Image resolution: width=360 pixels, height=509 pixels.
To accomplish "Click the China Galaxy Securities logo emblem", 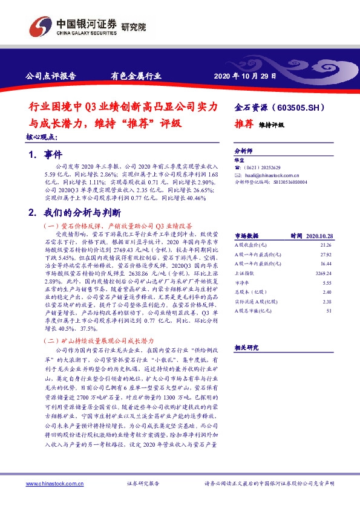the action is coord(40,25).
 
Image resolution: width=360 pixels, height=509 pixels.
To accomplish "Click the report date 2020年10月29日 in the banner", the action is coord(246,77).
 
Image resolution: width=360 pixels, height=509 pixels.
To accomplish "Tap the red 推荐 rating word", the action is coord(244,123).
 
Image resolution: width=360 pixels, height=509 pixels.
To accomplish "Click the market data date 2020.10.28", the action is coord(318,236).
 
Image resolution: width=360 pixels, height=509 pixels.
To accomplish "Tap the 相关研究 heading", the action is coord(246,347).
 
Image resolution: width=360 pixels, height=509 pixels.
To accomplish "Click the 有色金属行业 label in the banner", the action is coord(136,77).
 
